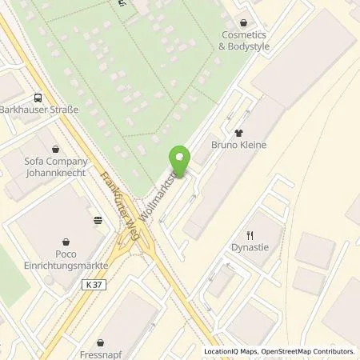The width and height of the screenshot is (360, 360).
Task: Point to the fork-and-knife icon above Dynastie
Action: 250,234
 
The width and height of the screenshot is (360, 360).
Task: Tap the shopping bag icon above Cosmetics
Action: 245,23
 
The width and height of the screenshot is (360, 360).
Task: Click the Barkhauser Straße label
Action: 38,110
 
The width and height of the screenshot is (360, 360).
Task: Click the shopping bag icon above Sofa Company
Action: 54,148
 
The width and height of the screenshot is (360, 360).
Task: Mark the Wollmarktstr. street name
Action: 157,196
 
